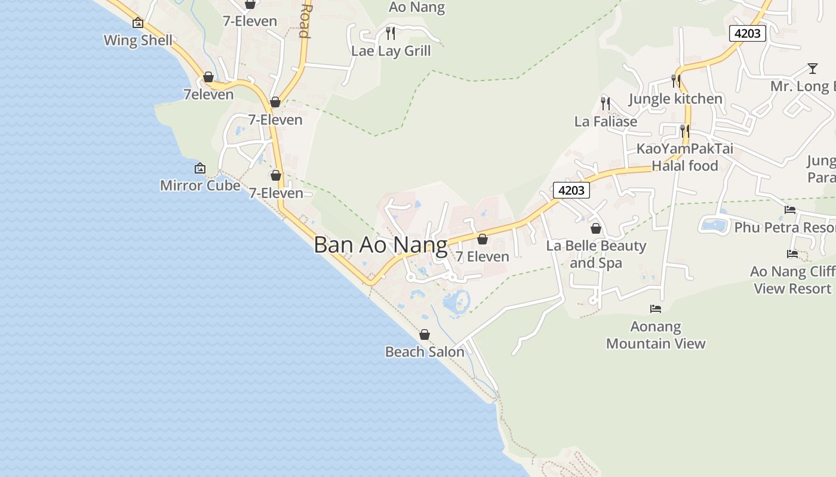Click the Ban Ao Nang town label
(x=380, y=245)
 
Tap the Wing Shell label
(x=138, y=41)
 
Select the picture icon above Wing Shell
(x=138, y=23)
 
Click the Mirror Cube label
(x=200, y=185)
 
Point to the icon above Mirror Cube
(x=200, y=169)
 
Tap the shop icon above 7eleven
(x=208, y=78)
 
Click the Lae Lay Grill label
(x=391, y=51)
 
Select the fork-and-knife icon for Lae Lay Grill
(x=391, y=33)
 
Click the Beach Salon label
(x=425, y=352)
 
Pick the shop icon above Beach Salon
(x=425, y=334)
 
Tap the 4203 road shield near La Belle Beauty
(x=571, y=190)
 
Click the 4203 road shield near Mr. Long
(x=747, y=33)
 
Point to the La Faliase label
(x=606, y=122)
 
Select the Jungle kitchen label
(x=675, y=98)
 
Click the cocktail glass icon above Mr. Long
(x=812, y=68)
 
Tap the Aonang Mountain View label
(x=656, y=335)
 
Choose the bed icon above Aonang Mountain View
(x=656, y=309)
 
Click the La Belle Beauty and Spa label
(x=596, y=254)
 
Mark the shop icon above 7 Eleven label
(x=482, y=239)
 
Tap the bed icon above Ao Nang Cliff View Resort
(x=792, y=254)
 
